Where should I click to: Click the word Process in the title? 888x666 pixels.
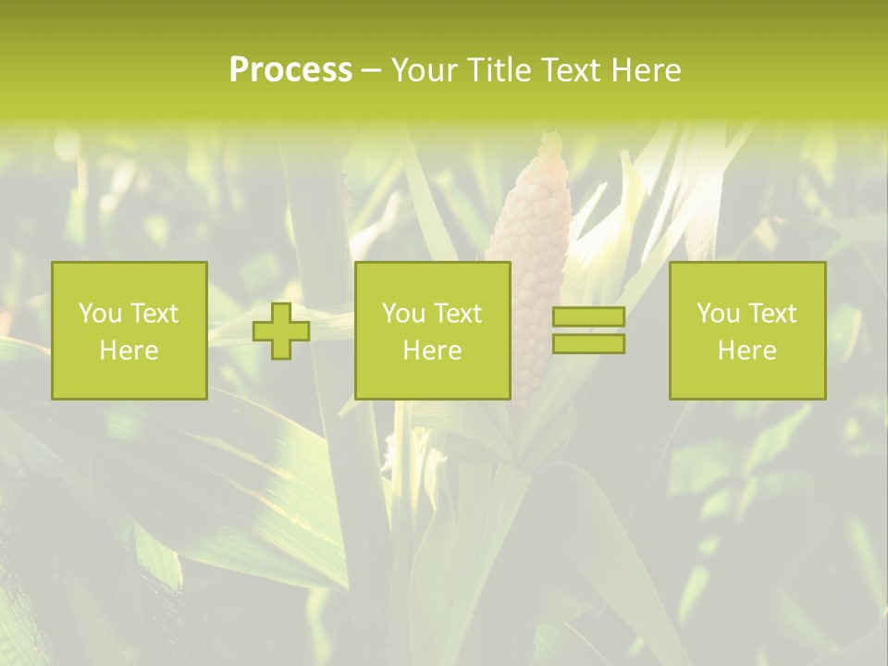pos(290,70)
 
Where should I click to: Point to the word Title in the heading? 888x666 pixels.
pos(498,70)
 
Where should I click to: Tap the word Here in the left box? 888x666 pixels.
pos(129,351)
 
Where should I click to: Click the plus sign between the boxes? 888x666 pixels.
pos(281,331)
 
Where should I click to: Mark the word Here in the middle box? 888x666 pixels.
pos(432,351)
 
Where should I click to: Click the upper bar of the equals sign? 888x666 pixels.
pos(588,317)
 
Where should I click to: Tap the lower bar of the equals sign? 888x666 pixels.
pos(588,344)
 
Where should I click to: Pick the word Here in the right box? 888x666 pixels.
pos(746,351)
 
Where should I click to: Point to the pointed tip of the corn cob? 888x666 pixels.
pos(552,139)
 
